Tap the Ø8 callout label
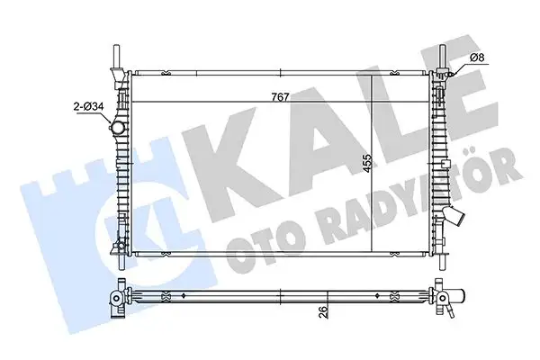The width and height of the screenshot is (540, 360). click(477, 59)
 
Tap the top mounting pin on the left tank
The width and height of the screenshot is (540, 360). click(114, 54)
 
